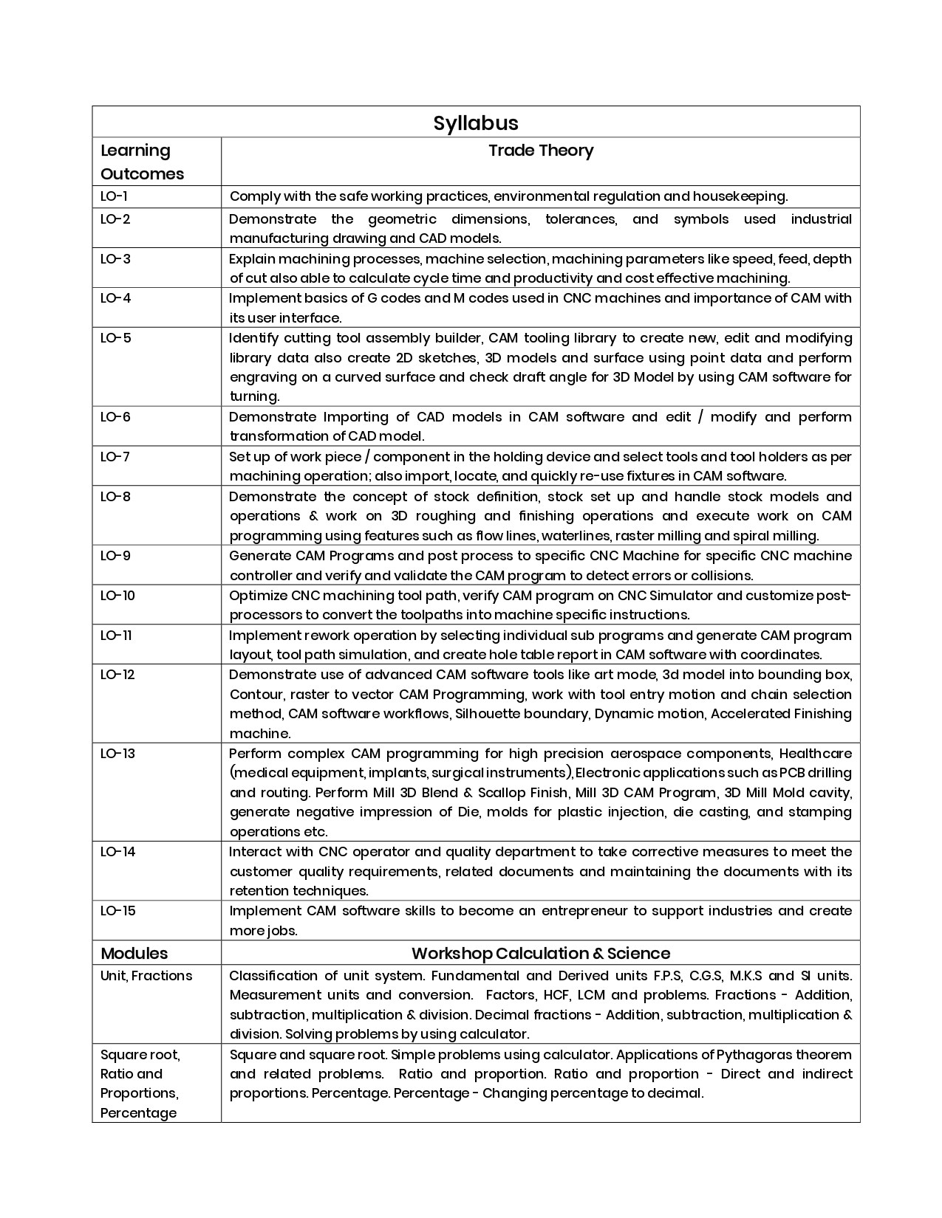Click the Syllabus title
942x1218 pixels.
pyautogui.click(x=476, y=123)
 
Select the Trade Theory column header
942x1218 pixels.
pyautogui.click(x=541, y=151)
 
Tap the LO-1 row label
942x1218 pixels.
pyautogui.click(x=115, y=196)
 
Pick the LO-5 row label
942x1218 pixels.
pyautogui.click(x=116, y=338)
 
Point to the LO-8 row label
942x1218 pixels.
pyautogui.click(x=116, y=496)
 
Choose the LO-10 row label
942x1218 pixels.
pyautogui.click(x=118, y=595)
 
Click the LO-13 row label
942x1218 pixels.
pyautogui.click(x=118, y=753)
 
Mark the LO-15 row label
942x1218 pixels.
pyautogui.click(x=118, y=910)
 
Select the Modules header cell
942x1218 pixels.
pyautogui.click(x=134, y=953)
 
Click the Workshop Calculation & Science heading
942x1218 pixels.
pyautogui.click(x=541, y=953)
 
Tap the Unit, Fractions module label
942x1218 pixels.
pyautogui.click(x=146, y=975)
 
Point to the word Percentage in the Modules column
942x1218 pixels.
pyautogui.click(x=138, y=1112)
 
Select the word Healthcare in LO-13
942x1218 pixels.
pyautogui.click(x=815, y=753)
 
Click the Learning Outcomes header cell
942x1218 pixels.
pyautogui.click(x=142, y=162)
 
